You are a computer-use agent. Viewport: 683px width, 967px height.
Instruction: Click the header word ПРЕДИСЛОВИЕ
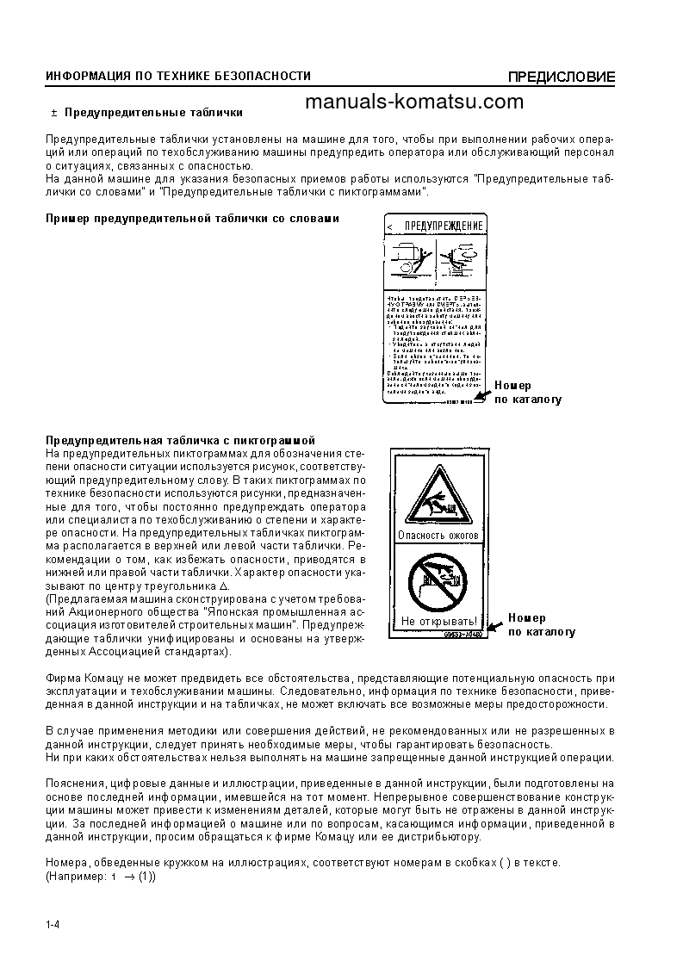(561, 77)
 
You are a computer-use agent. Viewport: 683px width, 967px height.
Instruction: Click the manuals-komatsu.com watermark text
(413, 102)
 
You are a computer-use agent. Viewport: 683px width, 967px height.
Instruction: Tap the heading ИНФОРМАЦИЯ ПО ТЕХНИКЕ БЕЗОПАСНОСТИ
(178, 77)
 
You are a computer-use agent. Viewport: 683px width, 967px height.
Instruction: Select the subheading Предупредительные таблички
(153, 112)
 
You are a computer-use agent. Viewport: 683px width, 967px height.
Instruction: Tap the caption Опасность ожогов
(438, 535)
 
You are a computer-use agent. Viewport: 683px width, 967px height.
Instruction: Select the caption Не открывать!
(438, 621)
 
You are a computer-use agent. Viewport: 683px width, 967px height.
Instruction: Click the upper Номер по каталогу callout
(528, 393)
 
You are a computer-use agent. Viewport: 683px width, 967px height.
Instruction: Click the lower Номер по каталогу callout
(541, 624)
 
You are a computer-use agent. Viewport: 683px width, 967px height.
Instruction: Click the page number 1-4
(52, 925)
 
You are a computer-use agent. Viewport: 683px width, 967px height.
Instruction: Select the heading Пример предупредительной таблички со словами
(192, 219)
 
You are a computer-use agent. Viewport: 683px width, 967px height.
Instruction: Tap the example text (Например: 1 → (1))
(100, 877)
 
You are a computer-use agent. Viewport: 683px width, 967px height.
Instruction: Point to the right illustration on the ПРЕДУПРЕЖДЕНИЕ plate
(461, 259)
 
